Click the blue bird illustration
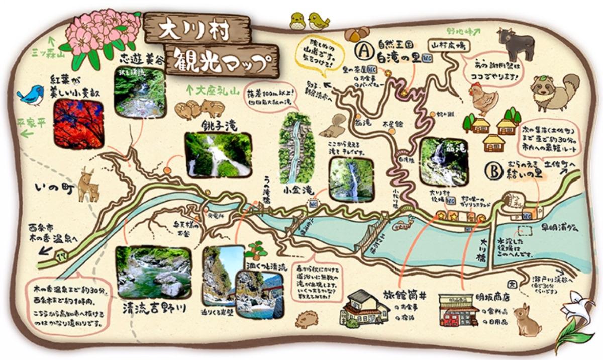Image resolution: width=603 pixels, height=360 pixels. point(31,95)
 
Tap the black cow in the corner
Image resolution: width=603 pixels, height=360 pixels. point(515,44)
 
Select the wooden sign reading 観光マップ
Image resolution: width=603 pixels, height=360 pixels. point(221,61)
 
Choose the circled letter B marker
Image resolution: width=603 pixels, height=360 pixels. point(493,171)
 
